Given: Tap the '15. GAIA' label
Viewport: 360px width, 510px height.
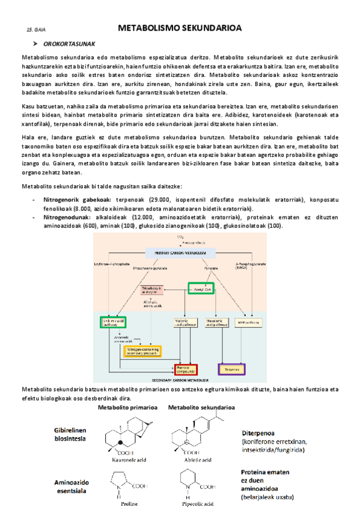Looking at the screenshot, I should (36, 29).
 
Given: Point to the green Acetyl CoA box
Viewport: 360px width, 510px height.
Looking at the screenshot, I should (201, 289).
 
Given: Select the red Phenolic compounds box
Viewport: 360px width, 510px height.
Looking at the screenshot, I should (184, 369).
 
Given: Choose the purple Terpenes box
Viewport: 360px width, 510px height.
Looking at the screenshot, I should (231, 369).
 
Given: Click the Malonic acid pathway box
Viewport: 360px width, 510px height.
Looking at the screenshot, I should (185, 324).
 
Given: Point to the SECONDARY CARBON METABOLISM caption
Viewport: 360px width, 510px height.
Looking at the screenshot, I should (180, 381).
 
